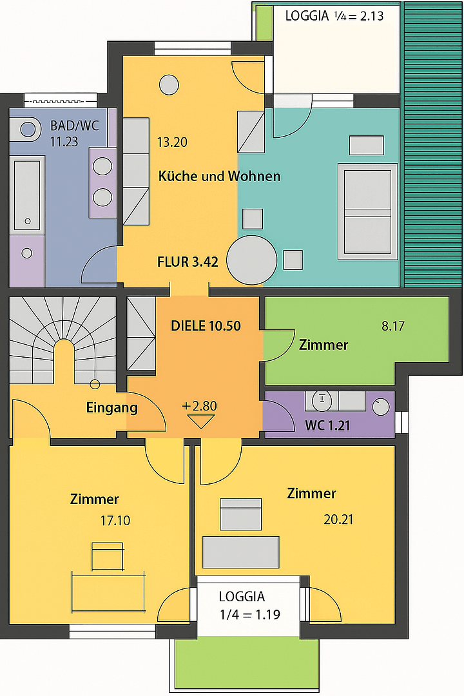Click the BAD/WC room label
pyautogui.click(x=74, y=126)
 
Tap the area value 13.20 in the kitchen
pyautogui.click(x=172, y=142)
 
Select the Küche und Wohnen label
pyautogui.click(x=219, y=176)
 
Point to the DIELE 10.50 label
pyautogui.click(x=206, y=326)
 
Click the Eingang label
pyautogui.click(x=111, y=408)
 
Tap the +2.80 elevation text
pyautogui.click(x=199, y=407)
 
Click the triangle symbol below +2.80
pyautogui.click(x=199, y=422)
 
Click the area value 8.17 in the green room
pyautogui.click(x=392, y=326)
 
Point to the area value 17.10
pyautogui.click(x=116, y=520)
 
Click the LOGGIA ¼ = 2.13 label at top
pyautogui.click(x=334, y=15)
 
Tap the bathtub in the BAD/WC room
pyautogui.click(x=28, y=193)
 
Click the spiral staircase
pyautogui.click(x=63, y=342)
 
